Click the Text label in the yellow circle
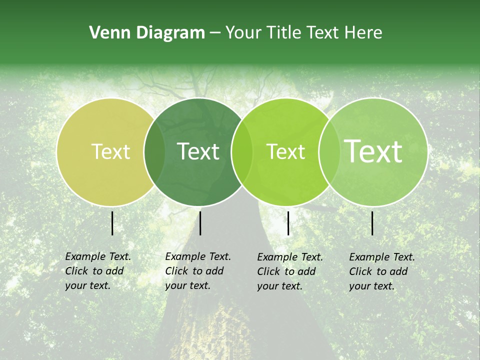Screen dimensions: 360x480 click(x=111, y=151)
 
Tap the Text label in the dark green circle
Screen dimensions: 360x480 click(x=198, y=151)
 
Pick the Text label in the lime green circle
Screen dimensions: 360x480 click(x=286, y=151)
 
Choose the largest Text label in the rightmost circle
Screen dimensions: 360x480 click(x=373, y=151)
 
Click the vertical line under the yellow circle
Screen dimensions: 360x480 click(x=112, y=223)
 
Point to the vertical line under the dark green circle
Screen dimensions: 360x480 click(x=200, y=223)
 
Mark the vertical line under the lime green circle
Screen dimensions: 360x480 click(x=288, y=223)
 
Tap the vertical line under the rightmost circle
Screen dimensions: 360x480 click(x=372, y=223)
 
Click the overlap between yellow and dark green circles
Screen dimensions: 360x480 click(x=154, y=152)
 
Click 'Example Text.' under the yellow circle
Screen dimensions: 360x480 click(x=98, y=256)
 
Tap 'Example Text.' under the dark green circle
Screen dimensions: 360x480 click(x=198, y=256)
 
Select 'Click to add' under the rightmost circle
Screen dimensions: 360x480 click(x=378, y=271)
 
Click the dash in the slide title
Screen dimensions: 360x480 click(x=215, y=33)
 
